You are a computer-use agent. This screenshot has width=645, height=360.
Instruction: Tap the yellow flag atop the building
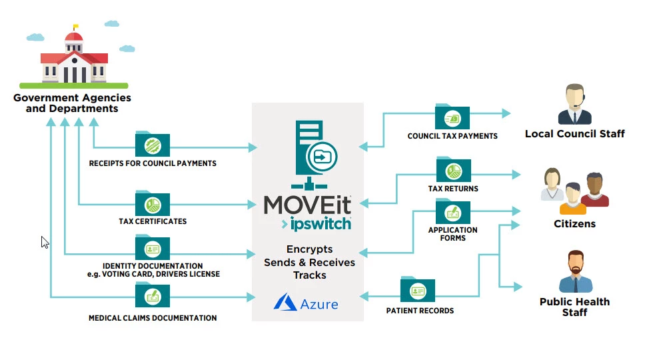pos(75,27)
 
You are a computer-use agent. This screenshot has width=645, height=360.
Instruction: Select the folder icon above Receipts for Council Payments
pos(153,144)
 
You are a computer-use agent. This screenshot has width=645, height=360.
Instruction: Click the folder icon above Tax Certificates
pos(153,203)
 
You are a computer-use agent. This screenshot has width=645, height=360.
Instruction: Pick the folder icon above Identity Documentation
pos(153,248)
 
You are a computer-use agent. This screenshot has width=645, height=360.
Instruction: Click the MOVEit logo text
pos(307,203)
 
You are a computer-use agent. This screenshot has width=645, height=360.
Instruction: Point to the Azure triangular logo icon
pos(285,303)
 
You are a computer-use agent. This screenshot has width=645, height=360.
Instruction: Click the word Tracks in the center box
pos(309,275)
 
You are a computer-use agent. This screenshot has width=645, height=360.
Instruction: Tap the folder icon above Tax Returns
pos(453,169)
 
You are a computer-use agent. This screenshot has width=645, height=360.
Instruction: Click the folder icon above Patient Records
pos(418,291)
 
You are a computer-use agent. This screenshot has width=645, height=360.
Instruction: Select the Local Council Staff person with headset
pos(574,105)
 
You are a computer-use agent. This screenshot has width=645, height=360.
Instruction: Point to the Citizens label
pos(574,224)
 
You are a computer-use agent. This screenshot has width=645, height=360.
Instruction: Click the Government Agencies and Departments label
pos(72,103)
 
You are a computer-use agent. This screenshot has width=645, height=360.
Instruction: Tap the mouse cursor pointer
pos(45,242)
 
